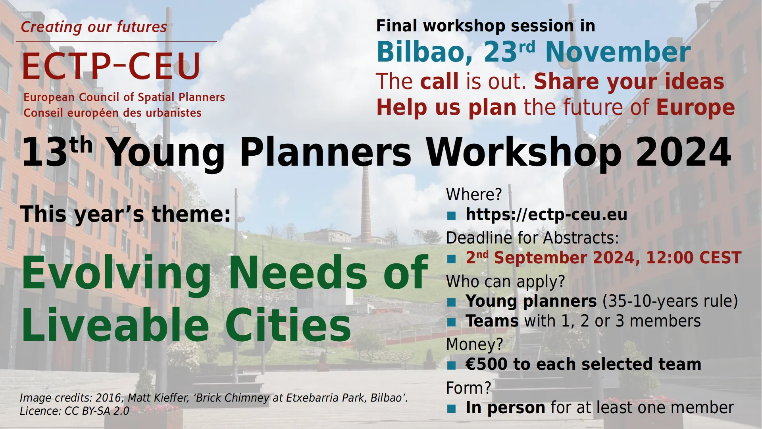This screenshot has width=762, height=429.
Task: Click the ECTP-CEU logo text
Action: click(x=112, y=66)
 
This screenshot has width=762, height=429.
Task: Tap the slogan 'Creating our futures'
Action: click(x=94, y=27)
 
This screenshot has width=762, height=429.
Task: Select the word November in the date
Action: click(x=618, y=52)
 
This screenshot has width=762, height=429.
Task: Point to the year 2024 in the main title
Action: click(x=683, y=152)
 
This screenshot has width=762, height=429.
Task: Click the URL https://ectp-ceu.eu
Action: click(x=546, y=214)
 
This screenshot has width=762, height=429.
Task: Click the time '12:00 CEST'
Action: click(x=694, y=258)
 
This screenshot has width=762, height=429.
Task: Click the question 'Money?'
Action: click(x=475, y=344)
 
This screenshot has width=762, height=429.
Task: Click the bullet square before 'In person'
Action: click(x=451, y=409)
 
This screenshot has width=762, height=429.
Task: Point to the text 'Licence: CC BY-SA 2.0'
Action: click(x=75, y=411)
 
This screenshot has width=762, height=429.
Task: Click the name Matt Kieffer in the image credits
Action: click(x=158, y=398)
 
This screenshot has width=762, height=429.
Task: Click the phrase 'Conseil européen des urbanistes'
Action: click(x=112, y=113)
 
